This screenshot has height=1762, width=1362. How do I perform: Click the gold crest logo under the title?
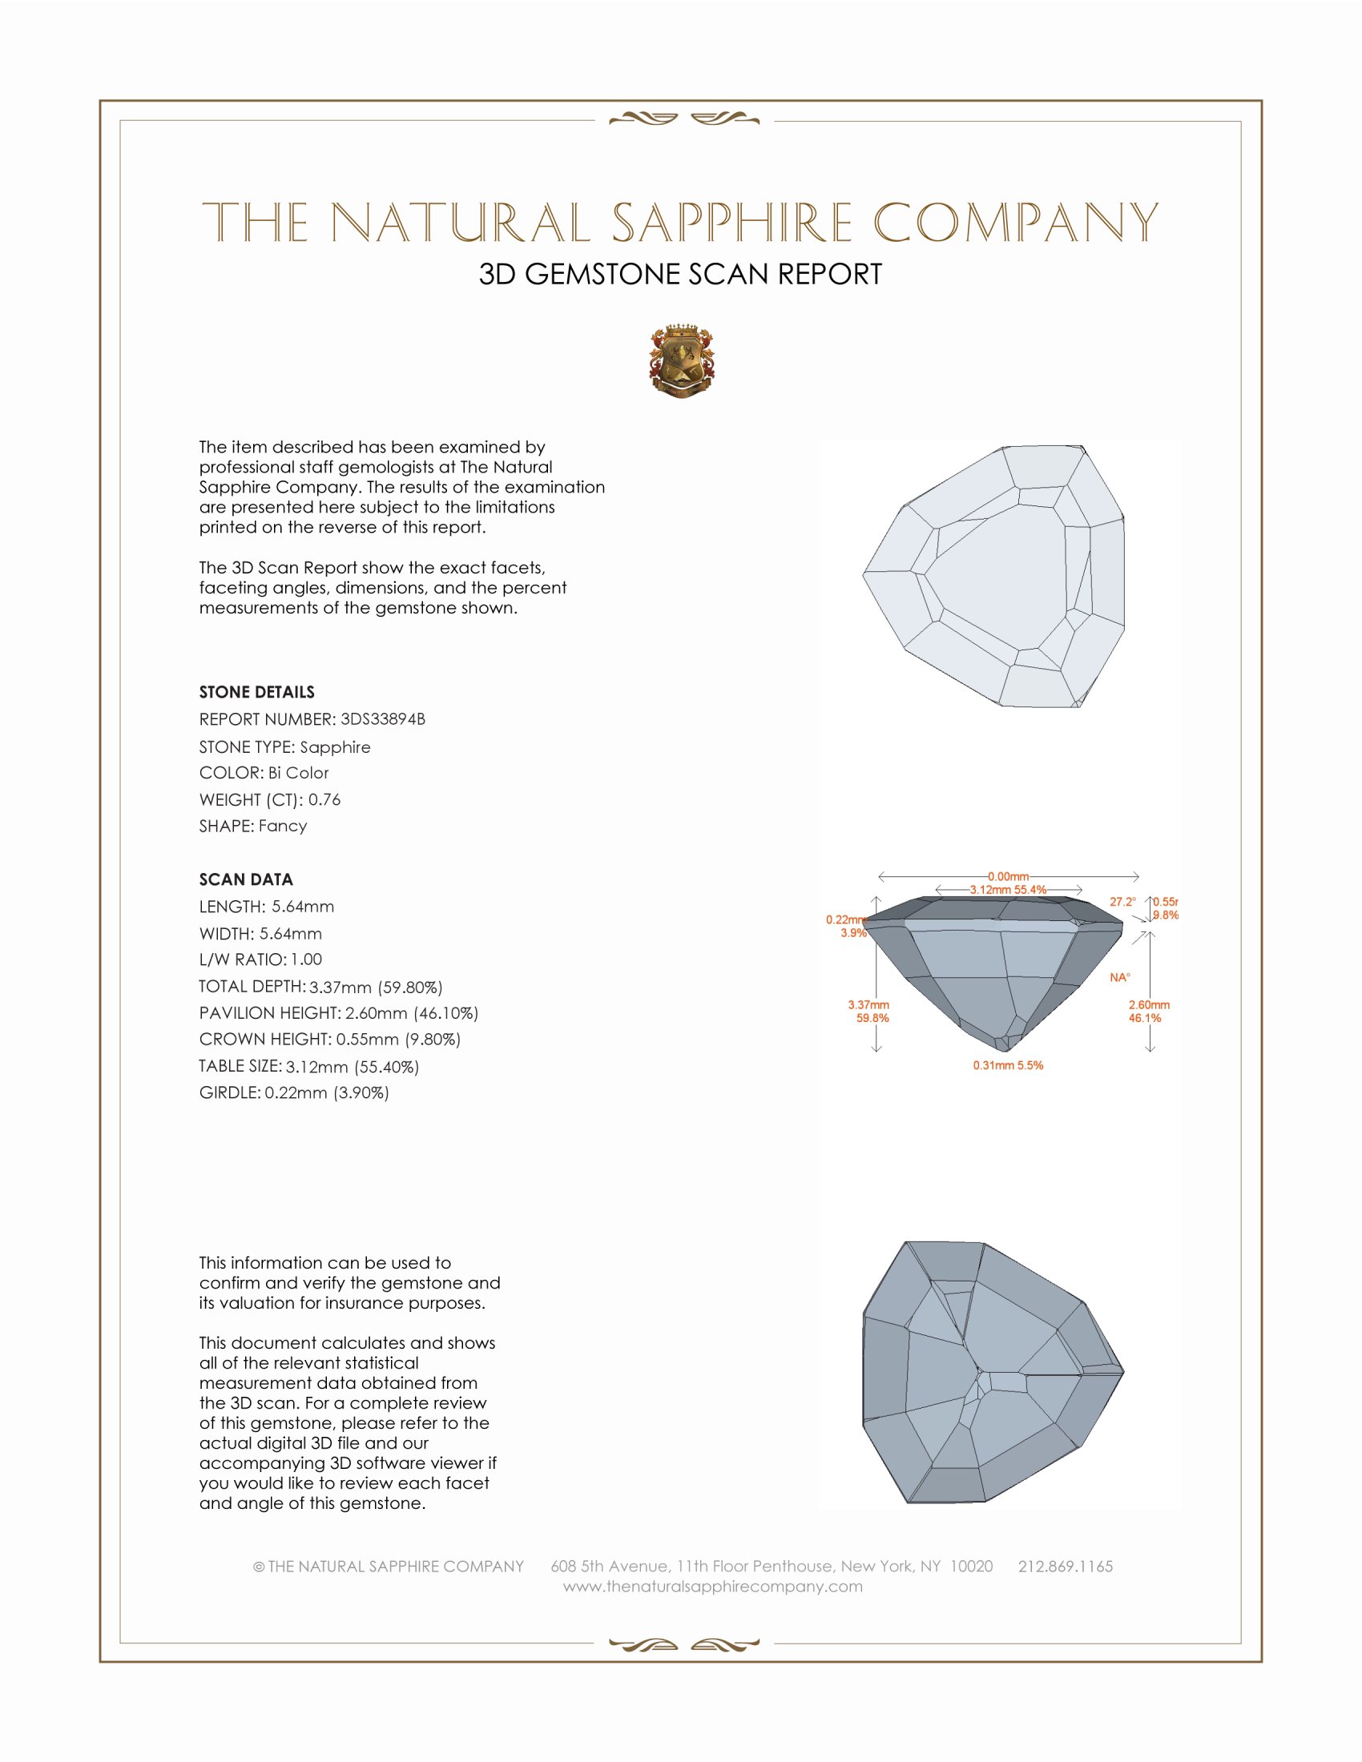pos(681,361)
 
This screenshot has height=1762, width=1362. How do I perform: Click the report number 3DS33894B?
pos(382,719)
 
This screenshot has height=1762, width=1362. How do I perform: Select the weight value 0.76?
pos(324,799)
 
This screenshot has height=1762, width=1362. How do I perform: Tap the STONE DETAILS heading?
pos(256,692)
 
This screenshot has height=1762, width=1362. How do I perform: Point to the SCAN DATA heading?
pos(246,879)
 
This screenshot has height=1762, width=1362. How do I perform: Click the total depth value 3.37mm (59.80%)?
pos(376,987)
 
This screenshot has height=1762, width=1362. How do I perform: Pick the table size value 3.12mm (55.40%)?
pos(353,1067)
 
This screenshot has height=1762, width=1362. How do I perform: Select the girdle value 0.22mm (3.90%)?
pos(327,1093)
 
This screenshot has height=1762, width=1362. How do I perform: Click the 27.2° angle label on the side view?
pos(1122,902)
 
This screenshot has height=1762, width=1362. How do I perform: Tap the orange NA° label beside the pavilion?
pos(1120,978)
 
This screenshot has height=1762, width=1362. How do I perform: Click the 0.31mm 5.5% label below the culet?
pos(1008,1066)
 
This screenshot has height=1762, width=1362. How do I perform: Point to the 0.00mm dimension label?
pos(1009,876)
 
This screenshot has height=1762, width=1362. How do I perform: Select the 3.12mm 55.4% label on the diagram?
pos(1008,890)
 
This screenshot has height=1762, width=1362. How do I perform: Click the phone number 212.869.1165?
pos(1065,1566)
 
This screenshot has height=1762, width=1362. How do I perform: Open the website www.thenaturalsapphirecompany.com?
pos(712,1586)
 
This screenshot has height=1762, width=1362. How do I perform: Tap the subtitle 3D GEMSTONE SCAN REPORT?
pos(680,274)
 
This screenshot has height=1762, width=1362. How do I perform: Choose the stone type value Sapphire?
pos(335,747)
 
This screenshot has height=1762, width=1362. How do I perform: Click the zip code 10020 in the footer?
pos(971,1566)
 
